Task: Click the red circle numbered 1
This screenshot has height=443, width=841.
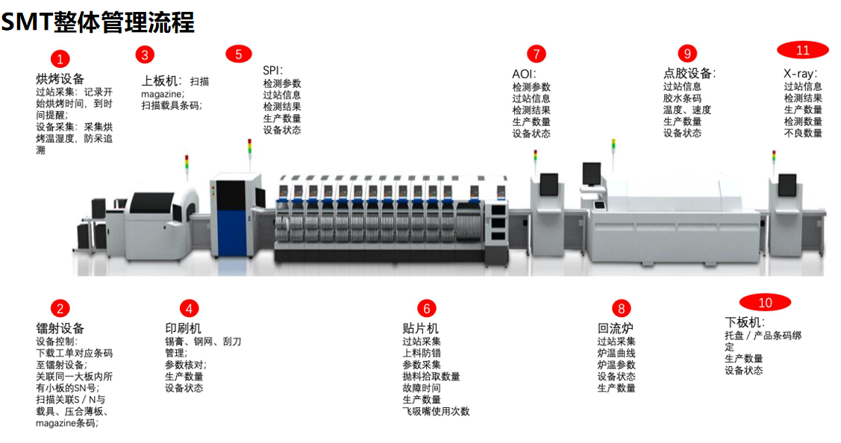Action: (60, 58)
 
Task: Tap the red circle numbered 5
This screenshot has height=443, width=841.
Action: (239, 54)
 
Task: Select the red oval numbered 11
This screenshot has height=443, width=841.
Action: (802, 50)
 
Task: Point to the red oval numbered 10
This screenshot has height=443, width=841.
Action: (765, 303)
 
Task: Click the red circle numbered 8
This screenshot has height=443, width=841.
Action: (621, 308)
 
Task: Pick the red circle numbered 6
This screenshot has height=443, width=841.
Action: (426, 308)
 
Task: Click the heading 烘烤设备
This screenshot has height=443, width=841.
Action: (60, 79)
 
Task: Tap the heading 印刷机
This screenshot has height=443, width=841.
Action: (183, 328)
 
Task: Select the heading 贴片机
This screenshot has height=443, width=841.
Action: (421, 328)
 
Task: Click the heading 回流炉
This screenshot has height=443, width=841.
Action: (615, 328)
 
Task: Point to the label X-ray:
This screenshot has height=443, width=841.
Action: (800, 74)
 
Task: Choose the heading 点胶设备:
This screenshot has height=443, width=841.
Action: (690, 74)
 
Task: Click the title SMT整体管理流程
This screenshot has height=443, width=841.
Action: (98, 22)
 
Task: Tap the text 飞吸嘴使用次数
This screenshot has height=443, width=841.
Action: (436, 412)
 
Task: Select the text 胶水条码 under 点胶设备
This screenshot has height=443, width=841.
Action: (682, 98)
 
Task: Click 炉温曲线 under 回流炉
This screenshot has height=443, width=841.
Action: (616, 353)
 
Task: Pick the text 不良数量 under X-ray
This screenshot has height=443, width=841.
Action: (803, 133)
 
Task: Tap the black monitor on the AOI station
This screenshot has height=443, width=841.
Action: (548, 184)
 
